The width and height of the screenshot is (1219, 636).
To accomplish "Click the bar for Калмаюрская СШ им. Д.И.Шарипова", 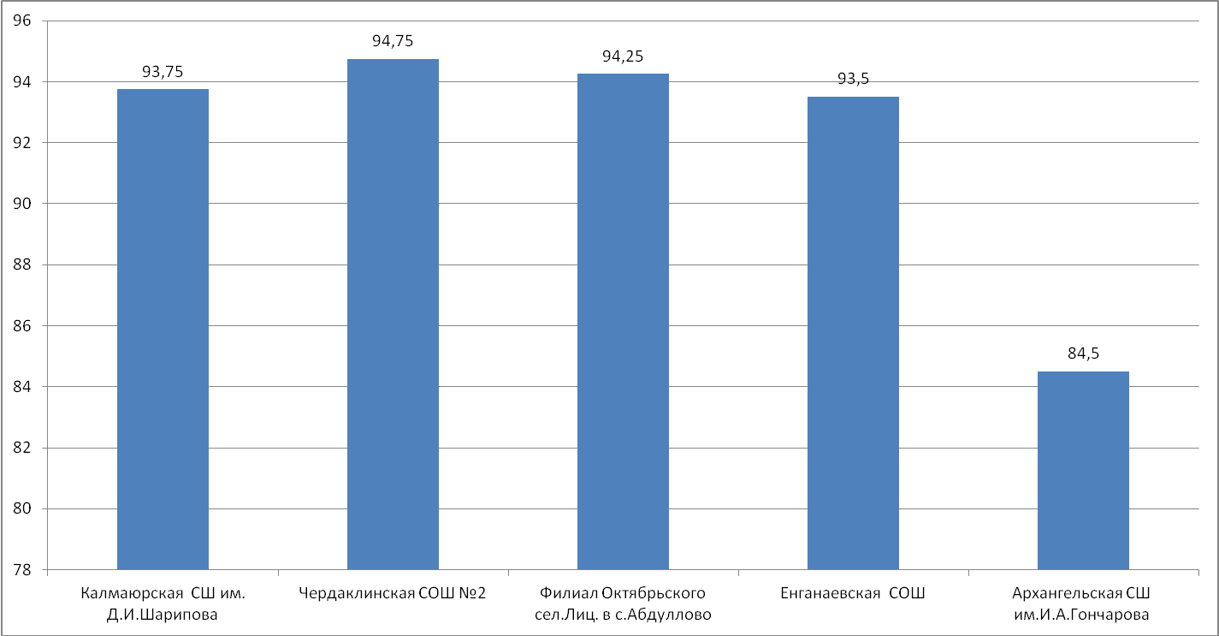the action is click(x=163, y=330).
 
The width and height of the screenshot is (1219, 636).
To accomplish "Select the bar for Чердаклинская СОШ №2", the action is click(x=393, y=314).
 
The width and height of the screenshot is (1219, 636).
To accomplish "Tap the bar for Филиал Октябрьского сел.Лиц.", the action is click(x=623, y=322).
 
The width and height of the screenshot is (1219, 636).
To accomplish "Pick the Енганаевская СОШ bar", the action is click(x=854, y=333).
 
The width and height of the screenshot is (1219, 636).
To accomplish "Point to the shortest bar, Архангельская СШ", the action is click(x=1084, y=471).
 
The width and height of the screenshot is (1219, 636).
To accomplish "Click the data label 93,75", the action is click(x=163, y=72).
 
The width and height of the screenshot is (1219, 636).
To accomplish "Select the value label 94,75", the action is click(x=393, y=41).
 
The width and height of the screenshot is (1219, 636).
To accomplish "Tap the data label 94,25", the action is click(x=623, y=56).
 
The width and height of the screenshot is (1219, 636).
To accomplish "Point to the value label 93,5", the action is click(x=854, y=80).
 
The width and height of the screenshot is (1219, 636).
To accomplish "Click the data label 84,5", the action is click(x=1084, y=354).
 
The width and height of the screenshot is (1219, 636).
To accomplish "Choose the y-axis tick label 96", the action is click(x=22, y=21).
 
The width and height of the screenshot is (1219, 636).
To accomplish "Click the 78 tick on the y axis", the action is click(x=22, y=569).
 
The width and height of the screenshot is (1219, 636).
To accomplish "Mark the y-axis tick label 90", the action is click(x=22, y=204).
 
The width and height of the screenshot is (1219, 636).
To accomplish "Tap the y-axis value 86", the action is click(x=22, y=325).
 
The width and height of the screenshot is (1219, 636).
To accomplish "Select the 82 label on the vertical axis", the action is click(x=22, y=448).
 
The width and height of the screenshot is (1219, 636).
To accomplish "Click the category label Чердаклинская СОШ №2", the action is click(x=393, y=593).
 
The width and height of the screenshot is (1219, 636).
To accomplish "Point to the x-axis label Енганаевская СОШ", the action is click(x=853, y=593).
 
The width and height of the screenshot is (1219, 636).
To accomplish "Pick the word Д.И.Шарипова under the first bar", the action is click(x=163, y=615).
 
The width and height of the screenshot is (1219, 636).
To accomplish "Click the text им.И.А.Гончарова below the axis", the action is click(x=1082, y=615).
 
